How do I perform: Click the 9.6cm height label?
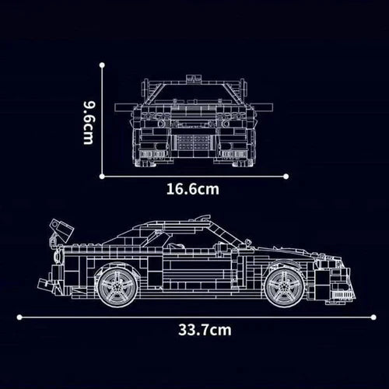89,123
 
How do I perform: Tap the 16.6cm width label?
193,189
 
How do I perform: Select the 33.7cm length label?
205,330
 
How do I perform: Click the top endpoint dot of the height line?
102,65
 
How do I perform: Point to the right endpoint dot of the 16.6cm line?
286,177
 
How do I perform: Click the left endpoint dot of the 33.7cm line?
19,317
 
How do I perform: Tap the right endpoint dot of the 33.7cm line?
373,317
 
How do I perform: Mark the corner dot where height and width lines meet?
102,177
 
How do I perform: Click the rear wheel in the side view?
117,287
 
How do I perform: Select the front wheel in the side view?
285,287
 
